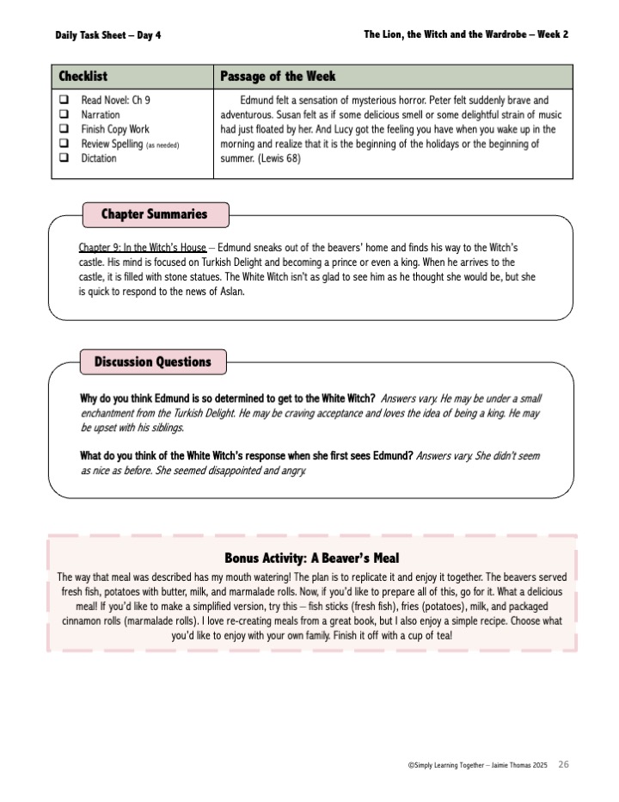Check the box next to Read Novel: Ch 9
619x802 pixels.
[64, 101]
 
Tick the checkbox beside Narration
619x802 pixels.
[64, 115]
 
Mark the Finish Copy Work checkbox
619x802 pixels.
[64, 130]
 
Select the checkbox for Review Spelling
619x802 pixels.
[64, 145]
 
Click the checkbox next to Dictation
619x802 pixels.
[64, 159]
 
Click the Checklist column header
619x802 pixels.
[83, 77]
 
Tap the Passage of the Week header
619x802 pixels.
[278, 77]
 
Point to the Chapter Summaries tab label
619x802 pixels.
[154, 214]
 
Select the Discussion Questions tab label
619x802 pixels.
[152, 362]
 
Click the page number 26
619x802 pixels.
[563, 764]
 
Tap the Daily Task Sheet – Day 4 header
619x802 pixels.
[107, 35]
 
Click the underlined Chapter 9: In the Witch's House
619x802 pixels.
[142, 248]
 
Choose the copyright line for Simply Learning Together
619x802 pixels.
[478, 765]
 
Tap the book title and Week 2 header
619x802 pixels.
[465, 34]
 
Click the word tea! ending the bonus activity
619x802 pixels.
[436, 636]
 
